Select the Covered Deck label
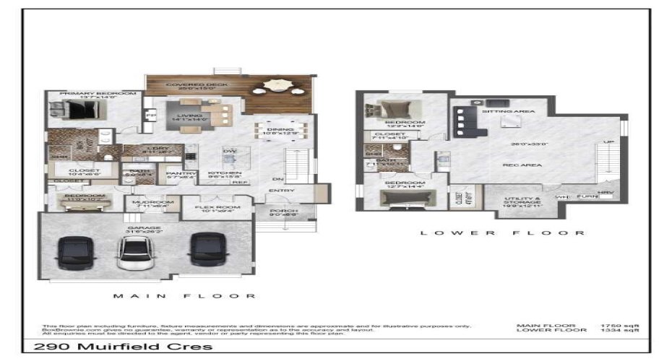(187, 85)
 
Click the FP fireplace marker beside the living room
(151, 116)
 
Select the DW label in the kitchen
(230, 151)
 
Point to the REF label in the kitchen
(237, 183)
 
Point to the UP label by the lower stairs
(608, 142)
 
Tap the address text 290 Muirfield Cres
(124, 347)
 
